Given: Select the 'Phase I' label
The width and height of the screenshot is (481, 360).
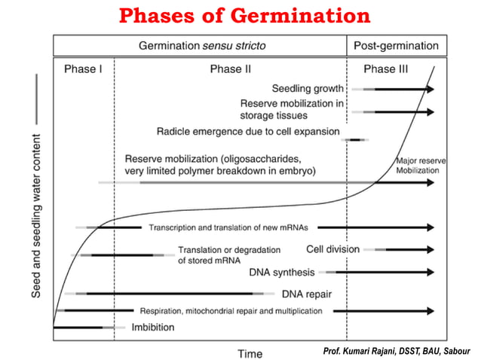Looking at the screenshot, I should pos(83,69).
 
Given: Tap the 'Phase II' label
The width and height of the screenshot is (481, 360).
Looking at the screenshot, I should pos(230,69).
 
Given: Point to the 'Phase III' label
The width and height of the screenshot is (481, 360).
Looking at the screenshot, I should pos(385,69).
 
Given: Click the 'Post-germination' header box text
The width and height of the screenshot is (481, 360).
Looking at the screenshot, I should pos(396,45).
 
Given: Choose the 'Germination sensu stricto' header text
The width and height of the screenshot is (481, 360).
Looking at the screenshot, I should pos(203,45).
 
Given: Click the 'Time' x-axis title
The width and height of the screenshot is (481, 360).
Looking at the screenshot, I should pos(250,353).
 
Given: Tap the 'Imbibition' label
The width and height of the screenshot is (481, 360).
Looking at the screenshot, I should pos(153,327).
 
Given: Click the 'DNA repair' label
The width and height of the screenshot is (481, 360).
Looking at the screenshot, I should pos(307,294).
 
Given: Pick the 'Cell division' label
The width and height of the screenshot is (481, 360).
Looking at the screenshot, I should pos(332,249).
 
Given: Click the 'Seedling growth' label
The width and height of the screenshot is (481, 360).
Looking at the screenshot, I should pos(308,89).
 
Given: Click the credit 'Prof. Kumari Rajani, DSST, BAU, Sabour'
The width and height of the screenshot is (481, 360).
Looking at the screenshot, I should pos(395,350).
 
